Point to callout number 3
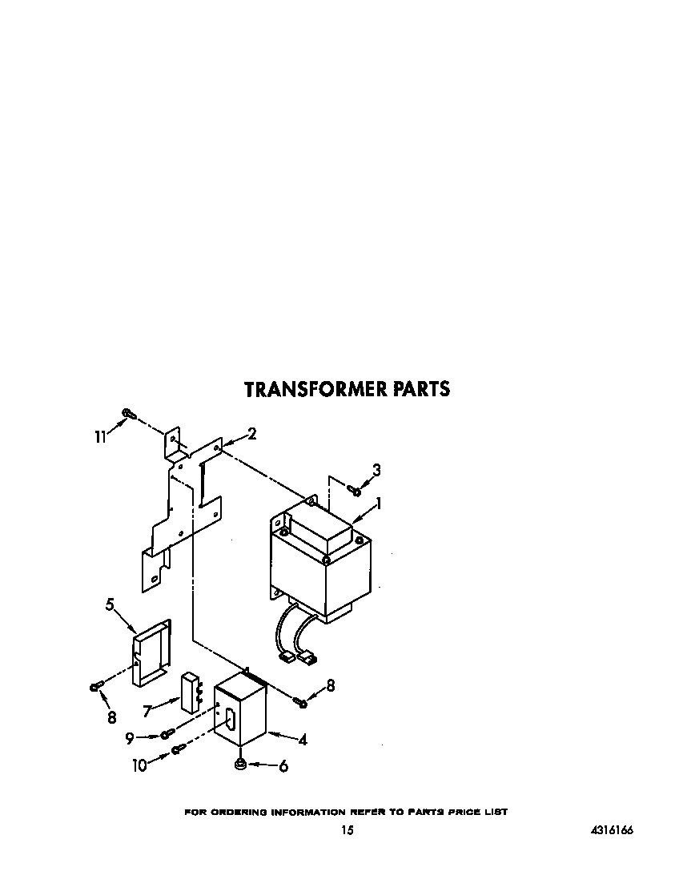[376, 470]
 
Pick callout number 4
[303, 740]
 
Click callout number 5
[110, 604]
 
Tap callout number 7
[146, 710]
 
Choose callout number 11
[100, 436]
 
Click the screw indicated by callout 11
[127, 414]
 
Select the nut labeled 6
[240, 765]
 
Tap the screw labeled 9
[167, 734]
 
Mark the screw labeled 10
[178, 750]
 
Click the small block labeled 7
[190, 692]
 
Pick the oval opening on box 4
[229, 718]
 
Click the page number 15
[347, 831]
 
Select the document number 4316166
[612, 831]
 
